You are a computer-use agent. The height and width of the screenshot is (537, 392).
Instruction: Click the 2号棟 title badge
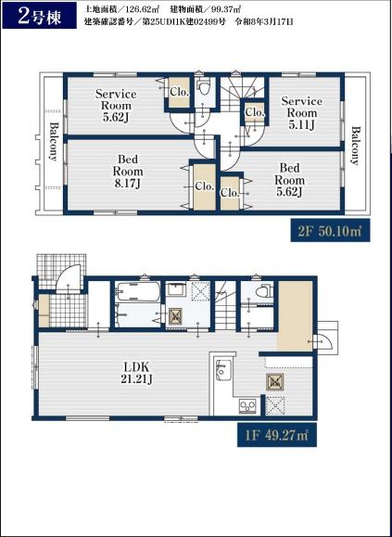[x=39, y=16]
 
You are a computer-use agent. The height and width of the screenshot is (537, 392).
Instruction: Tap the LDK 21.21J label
[x=136, y=373]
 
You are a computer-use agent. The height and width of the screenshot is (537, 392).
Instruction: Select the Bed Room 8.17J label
[x=128, y=171]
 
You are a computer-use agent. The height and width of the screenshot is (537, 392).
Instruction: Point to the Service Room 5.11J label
[x=301, y=113]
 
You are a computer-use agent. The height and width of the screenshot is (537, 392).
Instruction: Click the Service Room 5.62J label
[x=116, y=106]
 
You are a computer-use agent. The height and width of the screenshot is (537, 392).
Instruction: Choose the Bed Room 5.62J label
[x=289, y=180]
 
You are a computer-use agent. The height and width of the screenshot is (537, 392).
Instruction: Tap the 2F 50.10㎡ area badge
[x=330, y=231]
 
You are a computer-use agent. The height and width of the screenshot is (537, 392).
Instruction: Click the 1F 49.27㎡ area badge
[x=277, y=435]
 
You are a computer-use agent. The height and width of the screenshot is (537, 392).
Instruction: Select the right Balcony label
[x=356, y=146]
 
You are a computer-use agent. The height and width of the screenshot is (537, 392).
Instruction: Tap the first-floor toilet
[x=265, y=291]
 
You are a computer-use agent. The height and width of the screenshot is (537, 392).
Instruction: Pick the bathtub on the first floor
[x=137, y=292]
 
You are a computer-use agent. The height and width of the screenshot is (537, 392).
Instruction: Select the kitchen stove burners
[x=247, y=406]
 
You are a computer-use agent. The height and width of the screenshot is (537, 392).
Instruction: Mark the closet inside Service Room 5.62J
[x=180, y=92]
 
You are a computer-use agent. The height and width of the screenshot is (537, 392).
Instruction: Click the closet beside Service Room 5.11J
[x=255, y=112]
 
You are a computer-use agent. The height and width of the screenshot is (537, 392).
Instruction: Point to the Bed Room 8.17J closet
[x=205, y=186]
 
